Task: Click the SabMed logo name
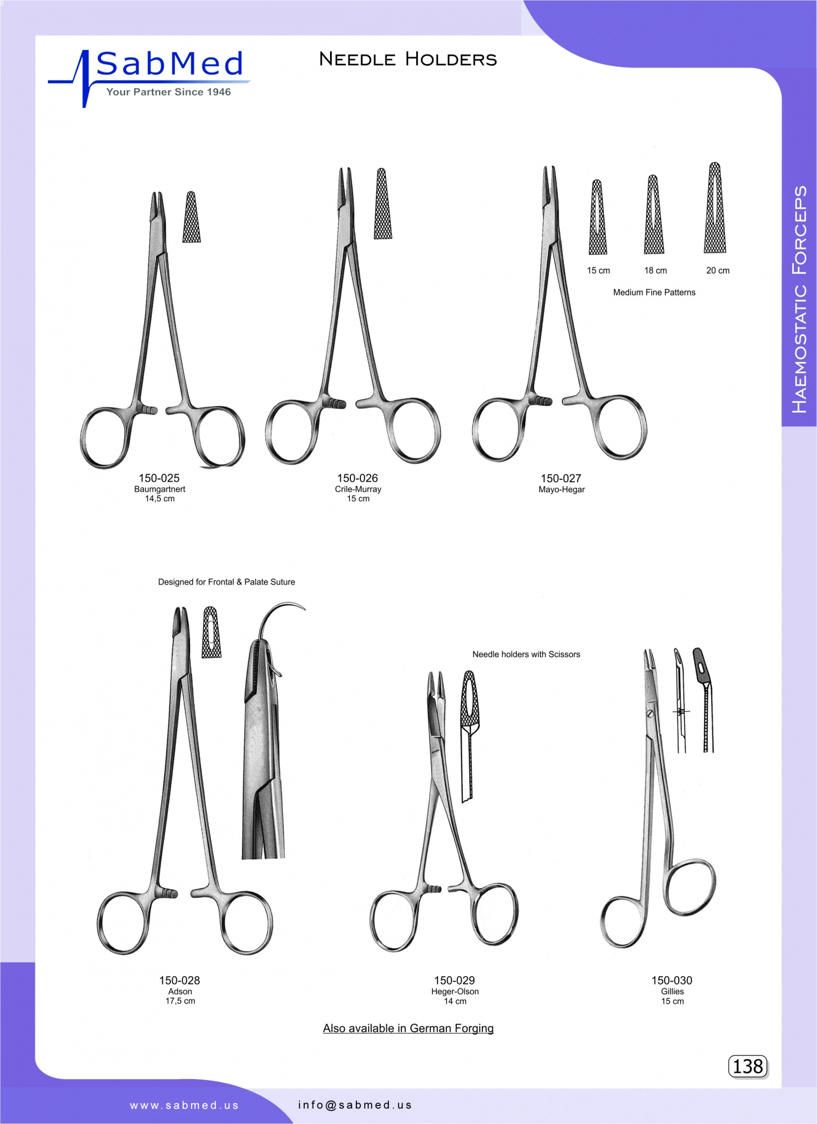coord(170,64)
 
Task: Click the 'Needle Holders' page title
coord(408,59)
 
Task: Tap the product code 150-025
coord(159,478)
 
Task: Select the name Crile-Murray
coord(358,490)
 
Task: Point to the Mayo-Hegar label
coord(562,490)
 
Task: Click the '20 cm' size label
coord(718,270)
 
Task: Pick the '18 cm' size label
coord(656,270)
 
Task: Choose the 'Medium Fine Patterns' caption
coord(654,292)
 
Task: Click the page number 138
coord(748,1066)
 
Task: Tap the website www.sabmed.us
coord(184,1105)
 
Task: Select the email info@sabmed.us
coord(355,1105)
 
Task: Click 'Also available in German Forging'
coord(408,1028)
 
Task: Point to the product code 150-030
coord(672,980)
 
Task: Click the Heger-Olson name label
coord(455,991)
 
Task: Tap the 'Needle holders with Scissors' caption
coord(526,654)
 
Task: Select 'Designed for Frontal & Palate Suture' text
coord(227,582)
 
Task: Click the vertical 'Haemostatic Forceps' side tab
coord(799,300)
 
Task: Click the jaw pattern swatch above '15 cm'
coord(598,217)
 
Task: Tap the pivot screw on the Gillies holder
coord(650,714)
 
